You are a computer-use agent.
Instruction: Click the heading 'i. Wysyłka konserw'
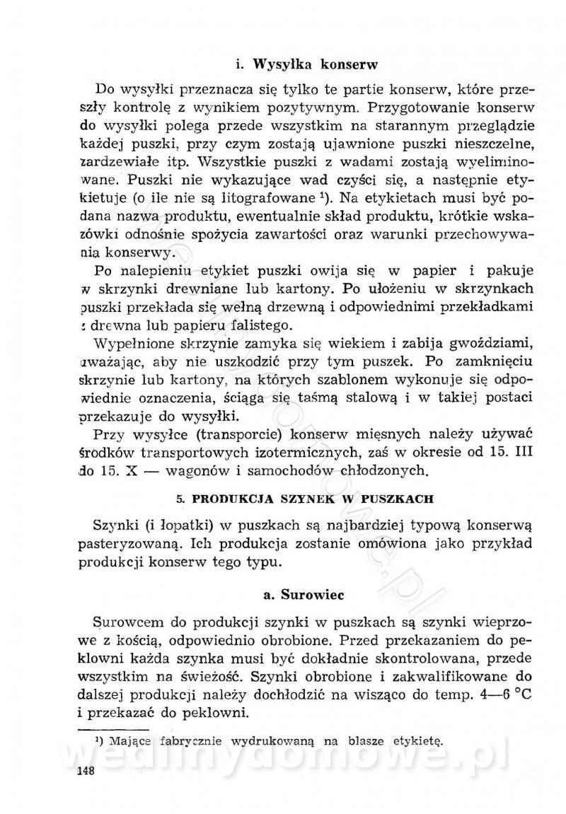point(306,64)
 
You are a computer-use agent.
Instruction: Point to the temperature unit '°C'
point(522,694)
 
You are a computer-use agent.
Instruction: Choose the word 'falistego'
point(250,325)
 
